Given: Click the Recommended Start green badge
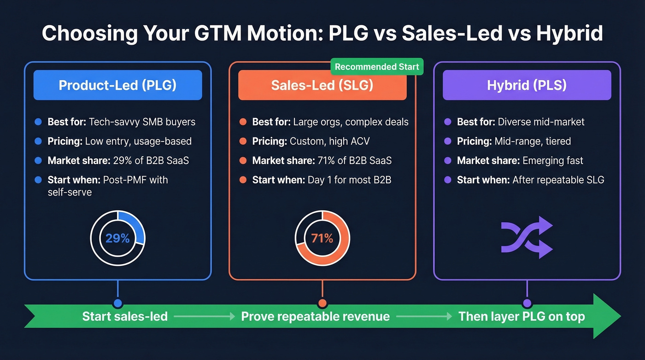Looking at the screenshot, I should click(377, 67).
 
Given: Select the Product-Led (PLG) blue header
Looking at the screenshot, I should click(117, 85).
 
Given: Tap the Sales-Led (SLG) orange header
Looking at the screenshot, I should click(322, 85).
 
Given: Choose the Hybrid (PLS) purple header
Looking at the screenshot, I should click(527, 85).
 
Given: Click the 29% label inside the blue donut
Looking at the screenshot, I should click(117, 238).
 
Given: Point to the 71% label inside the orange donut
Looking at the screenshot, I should click(322, 238).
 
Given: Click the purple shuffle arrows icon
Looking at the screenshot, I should click(527, 237).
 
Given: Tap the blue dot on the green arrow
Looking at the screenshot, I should click(117, 303).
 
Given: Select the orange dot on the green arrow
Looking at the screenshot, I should click(322, 303).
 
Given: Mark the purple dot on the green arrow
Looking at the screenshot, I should click(527, 303).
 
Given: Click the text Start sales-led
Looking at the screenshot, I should click(125, 317).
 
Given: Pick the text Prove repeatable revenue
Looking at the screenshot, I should click(316, 317).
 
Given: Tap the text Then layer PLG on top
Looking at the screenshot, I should click(522, 317).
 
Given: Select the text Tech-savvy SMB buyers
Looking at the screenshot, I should click(142, 122).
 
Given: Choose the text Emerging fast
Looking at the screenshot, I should click(553, 161).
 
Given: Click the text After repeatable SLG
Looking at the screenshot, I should click(558, 180).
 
